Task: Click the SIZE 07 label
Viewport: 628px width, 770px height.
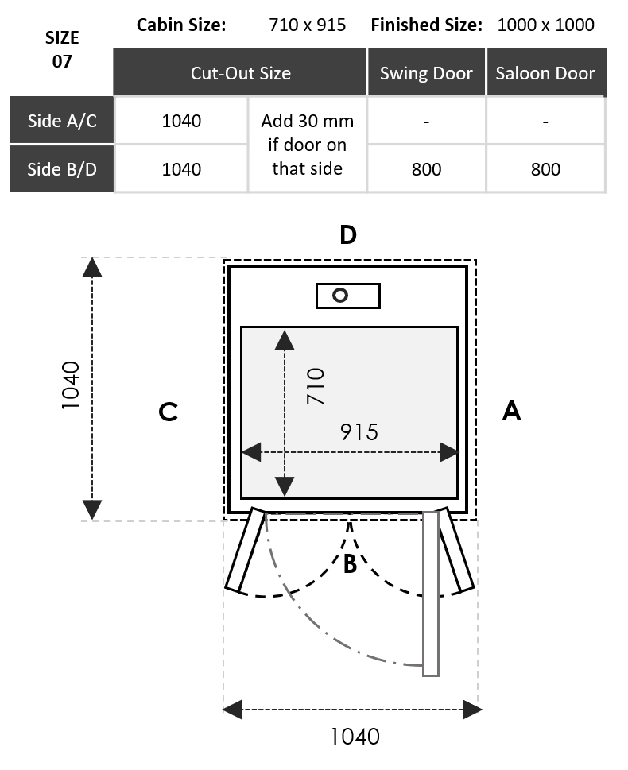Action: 61,49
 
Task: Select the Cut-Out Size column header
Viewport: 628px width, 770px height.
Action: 240,73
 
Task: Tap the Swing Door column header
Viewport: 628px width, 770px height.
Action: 426,73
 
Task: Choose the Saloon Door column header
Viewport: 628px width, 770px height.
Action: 545,73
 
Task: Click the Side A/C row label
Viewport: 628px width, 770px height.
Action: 62,121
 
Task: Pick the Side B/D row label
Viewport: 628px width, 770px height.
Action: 62,168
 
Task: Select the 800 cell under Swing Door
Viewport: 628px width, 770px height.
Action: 426,168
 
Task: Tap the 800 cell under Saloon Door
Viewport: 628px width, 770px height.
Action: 545,168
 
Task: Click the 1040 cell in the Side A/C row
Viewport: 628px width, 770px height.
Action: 181,121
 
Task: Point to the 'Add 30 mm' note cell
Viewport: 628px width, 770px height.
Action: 307,145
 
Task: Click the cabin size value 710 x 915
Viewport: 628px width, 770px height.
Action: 308,25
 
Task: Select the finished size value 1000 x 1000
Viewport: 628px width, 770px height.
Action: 545,25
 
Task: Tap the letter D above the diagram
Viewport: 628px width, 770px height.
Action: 347,235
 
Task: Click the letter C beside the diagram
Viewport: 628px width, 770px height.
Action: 168,412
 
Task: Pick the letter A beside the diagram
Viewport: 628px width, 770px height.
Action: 512,411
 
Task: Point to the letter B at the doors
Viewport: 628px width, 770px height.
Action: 350,565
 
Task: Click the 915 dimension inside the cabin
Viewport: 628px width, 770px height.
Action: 359,431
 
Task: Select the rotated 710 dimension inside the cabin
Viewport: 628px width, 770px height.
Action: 316,386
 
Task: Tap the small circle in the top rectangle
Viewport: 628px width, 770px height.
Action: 340,296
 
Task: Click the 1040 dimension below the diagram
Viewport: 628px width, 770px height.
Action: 355,737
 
